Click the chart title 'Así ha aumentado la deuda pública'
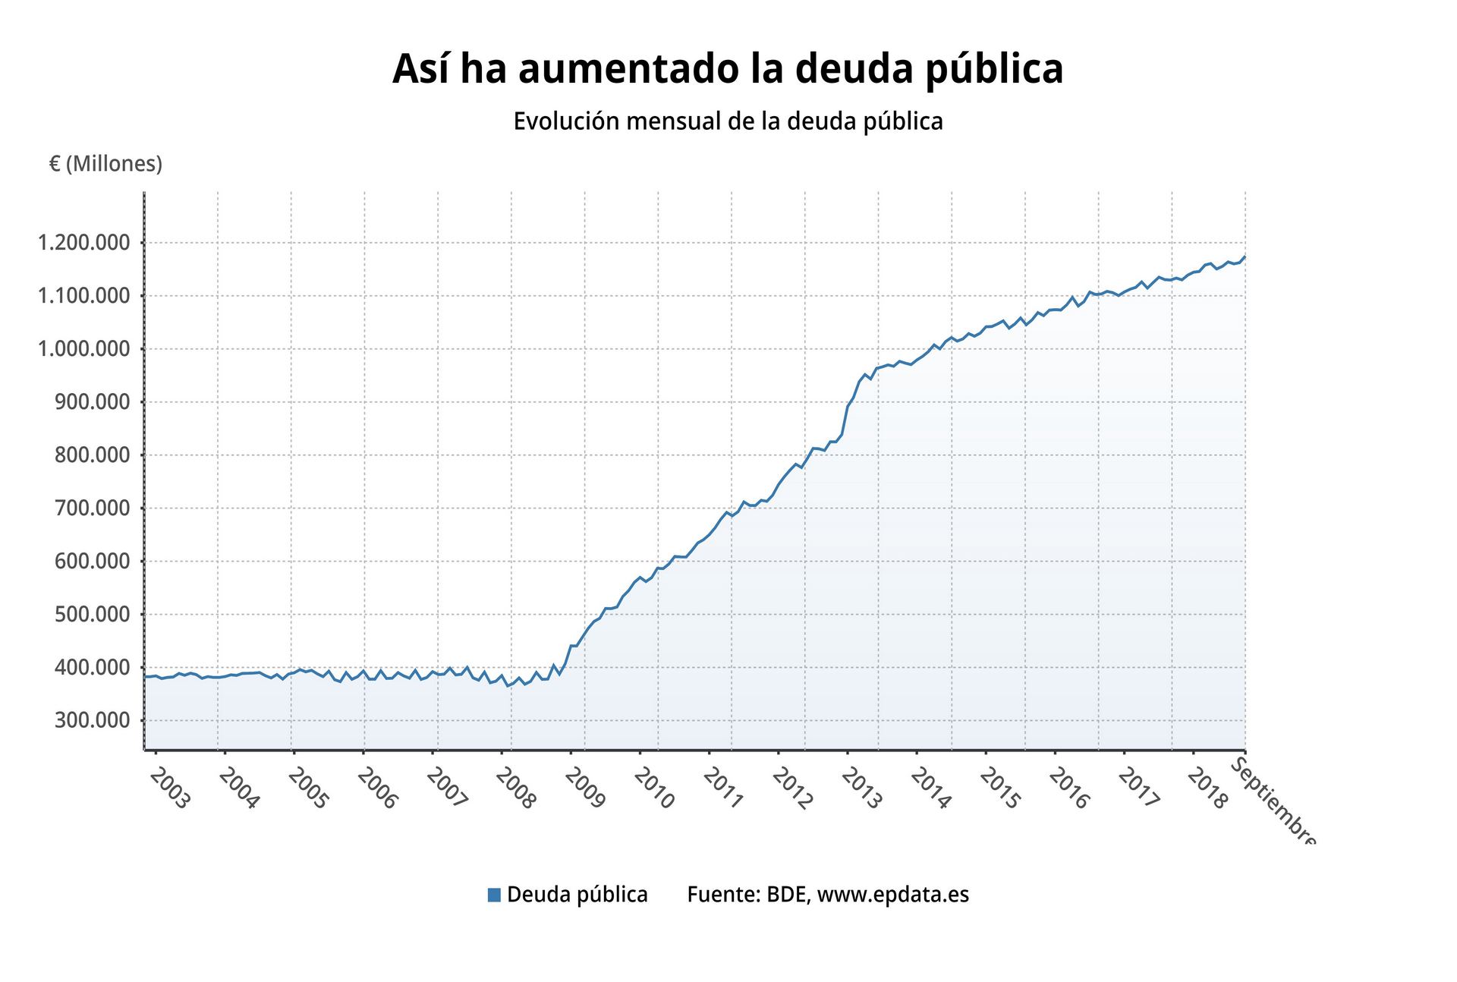coord(728,69)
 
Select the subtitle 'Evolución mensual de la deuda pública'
coord(728,121)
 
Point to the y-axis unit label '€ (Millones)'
coord(105,164)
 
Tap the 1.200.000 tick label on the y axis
coord(83,243)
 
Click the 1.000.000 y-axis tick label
coord(83,349)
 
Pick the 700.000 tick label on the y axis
coord(92,508)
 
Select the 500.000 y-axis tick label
coord(92,615)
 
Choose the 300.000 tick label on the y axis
coord(92,720)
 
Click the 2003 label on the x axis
coord(168,788)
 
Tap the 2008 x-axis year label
coord(515,788)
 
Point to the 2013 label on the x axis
coord(862,788)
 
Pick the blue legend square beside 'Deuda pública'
coord(494,895)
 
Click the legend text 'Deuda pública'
coord(577,895)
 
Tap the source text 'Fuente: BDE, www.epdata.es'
coord(828,895)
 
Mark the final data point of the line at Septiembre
coord(1245,257)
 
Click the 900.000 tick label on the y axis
coord(92,402)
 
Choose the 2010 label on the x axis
coord(654,788)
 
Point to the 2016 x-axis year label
coord(1069,788)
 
